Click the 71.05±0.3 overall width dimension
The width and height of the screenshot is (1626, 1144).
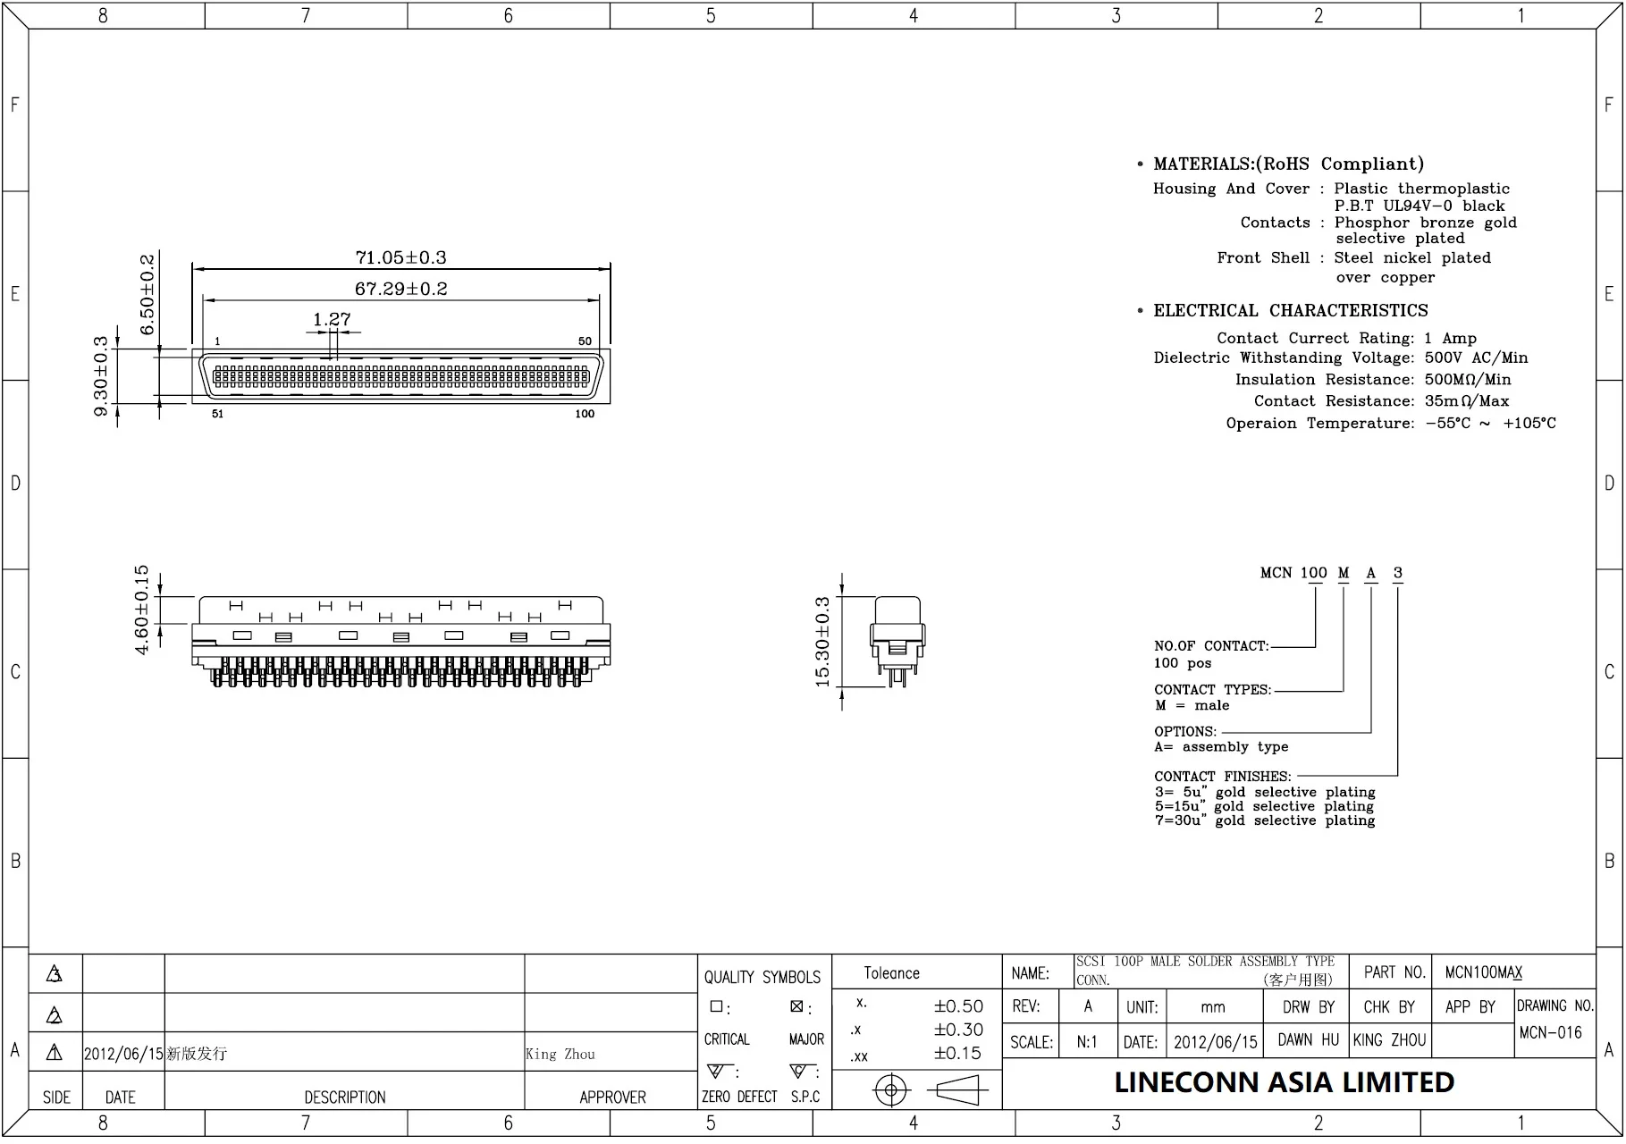coord(400,257)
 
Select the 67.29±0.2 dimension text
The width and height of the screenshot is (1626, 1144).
coord(400,289)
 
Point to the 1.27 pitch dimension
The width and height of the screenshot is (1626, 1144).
coord(332,319)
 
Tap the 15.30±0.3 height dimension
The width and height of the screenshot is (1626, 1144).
coord(822,642)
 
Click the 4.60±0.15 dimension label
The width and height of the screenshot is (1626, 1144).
coord(142,610)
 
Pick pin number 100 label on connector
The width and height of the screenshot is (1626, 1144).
coord(585,414)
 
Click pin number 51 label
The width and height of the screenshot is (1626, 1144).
coord(218,414)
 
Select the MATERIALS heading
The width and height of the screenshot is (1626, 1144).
coord(1287,164)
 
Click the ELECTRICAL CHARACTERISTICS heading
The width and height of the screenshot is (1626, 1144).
coord(1290,311)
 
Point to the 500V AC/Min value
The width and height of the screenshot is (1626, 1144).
coord(1476,357)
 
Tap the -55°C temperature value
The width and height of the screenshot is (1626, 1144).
coord(1447,423)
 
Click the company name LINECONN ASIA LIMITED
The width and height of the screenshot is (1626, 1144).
coord(1284,1082)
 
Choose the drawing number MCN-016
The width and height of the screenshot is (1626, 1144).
coord(1550,1032)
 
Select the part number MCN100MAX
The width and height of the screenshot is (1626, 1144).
coord(1483,972)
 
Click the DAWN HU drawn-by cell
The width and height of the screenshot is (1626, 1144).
coord(1308,1039)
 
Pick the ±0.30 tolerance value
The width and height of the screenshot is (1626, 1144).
coord(958,1030)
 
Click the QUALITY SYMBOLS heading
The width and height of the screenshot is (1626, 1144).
coord(762,977)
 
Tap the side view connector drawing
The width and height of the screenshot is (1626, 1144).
coord(897,641)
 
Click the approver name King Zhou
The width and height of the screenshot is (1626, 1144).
coord(560,1054)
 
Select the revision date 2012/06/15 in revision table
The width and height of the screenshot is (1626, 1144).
coord(123,1054)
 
